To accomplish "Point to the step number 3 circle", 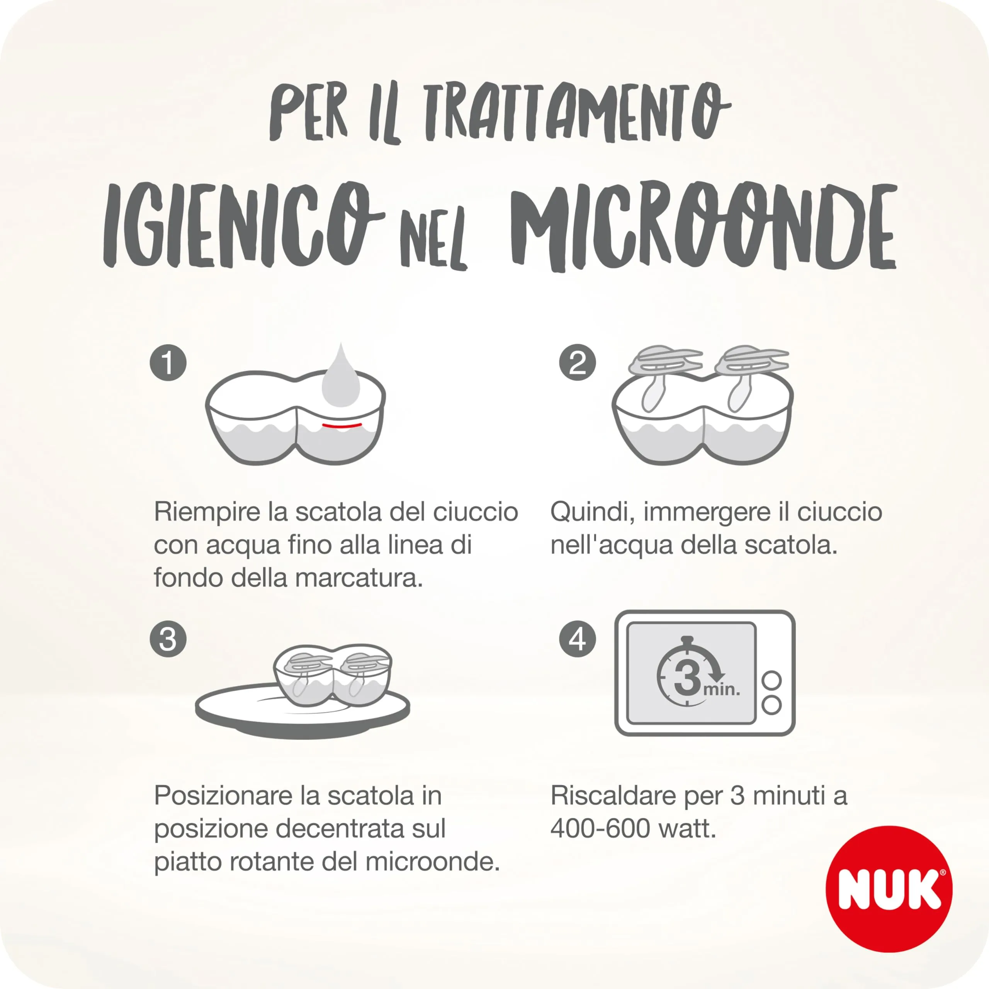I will [168, 639].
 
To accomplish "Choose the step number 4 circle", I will [578, 639].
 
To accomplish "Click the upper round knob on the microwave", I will [771, 680].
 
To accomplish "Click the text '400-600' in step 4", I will [600, 828].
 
